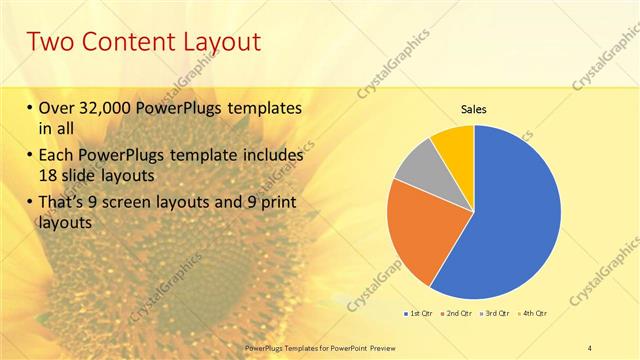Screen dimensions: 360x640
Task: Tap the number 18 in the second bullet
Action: [x=49, y=176]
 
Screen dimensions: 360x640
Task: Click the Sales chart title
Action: [x=473, y=109]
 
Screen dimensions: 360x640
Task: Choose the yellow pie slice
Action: [x=453, y=143]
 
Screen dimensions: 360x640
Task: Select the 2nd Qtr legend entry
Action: [x=457, y=313]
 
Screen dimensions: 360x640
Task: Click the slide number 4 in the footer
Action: [x=590, y=347]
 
